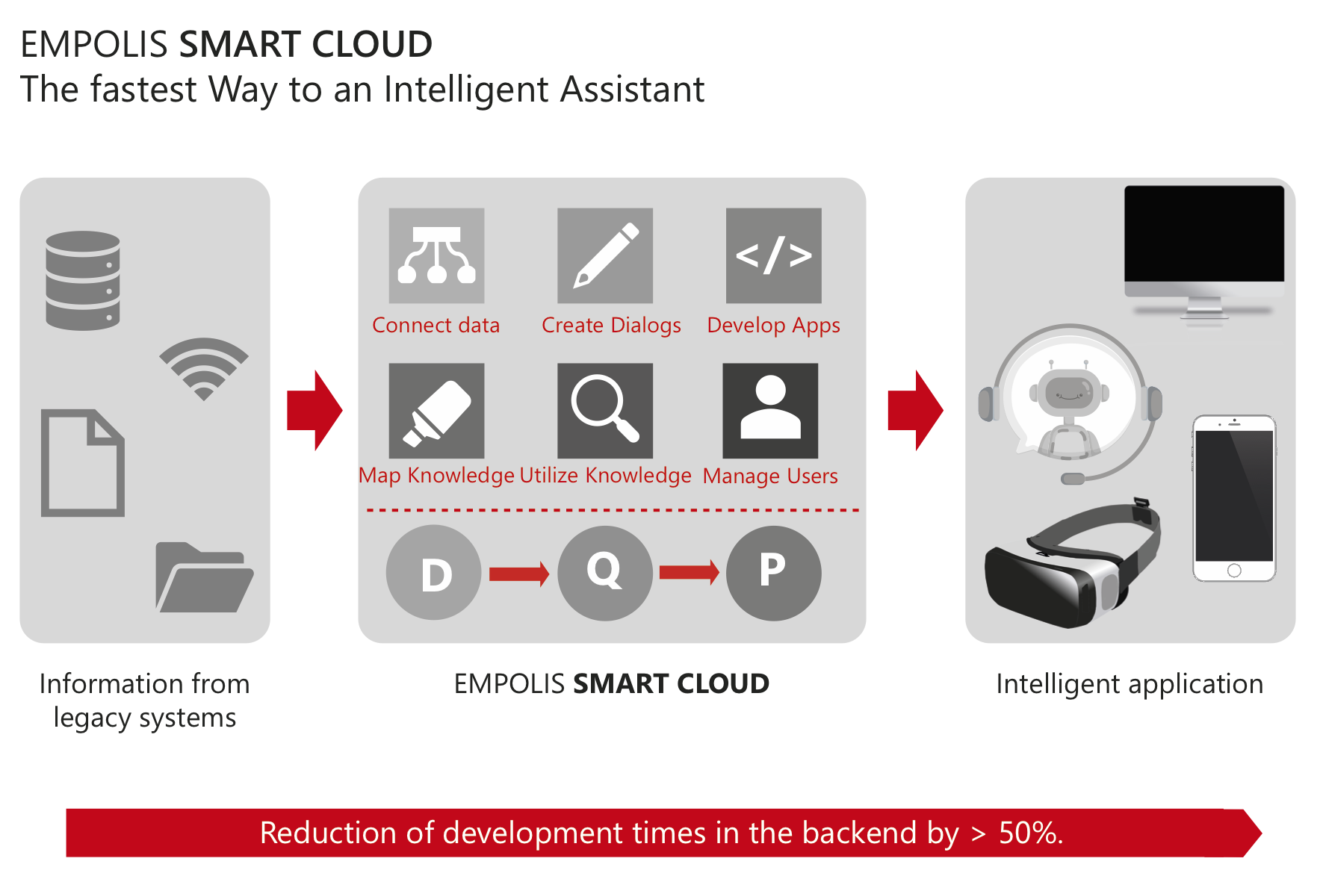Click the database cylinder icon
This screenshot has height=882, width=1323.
coord(83,280)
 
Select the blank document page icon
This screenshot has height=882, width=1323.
coord(83,462)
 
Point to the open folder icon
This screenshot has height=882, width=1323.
coord(204,577)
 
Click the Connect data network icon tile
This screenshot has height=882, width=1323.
coord(436,255)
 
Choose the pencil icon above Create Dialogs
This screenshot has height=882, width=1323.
coord(605,255)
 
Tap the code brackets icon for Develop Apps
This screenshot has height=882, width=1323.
coord(774,255)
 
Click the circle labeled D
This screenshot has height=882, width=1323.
coord(434,573)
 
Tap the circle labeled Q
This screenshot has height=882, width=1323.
coord(605,573)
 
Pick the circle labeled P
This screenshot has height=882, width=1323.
coord(774,573)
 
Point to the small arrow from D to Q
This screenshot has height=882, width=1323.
coord(519,574)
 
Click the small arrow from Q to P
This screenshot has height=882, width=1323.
coord(690,573)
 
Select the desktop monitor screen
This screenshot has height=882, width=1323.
coord(1204,233)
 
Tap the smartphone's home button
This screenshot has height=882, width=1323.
coord(1234,571)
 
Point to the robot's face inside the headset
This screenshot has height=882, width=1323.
coord(1069,391)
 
